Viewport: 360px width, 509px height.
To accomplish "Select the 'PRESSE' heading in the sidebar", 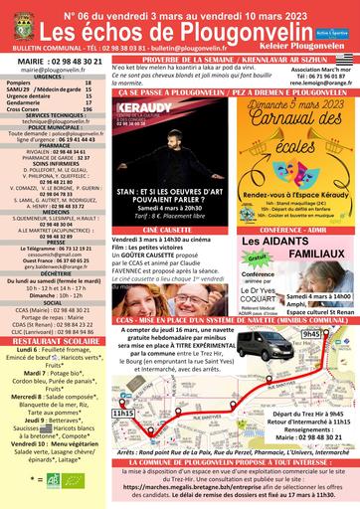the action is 55,239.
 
